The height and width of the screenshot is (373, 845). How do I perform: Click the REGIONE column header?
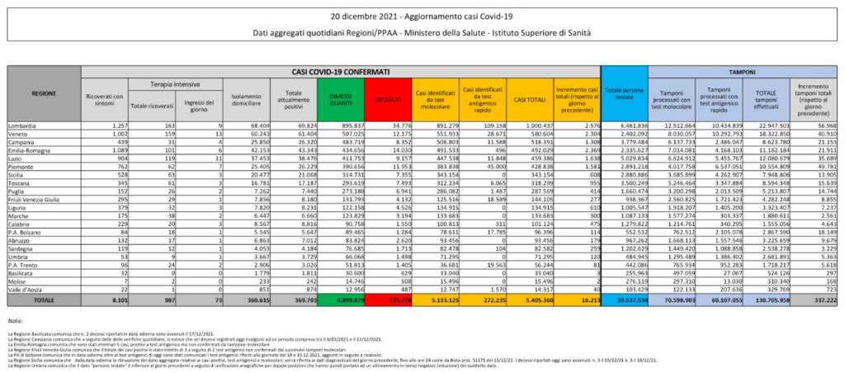point(44,94)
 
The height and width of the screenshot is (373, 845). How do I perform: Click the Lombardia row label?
point(24,124)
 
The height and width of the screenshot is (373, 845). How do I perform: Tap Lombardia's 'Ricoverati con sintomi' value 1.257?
point(115,124)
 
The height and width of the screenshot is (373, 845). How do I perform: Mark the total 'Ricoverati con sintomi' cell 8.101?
point(114,303)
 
